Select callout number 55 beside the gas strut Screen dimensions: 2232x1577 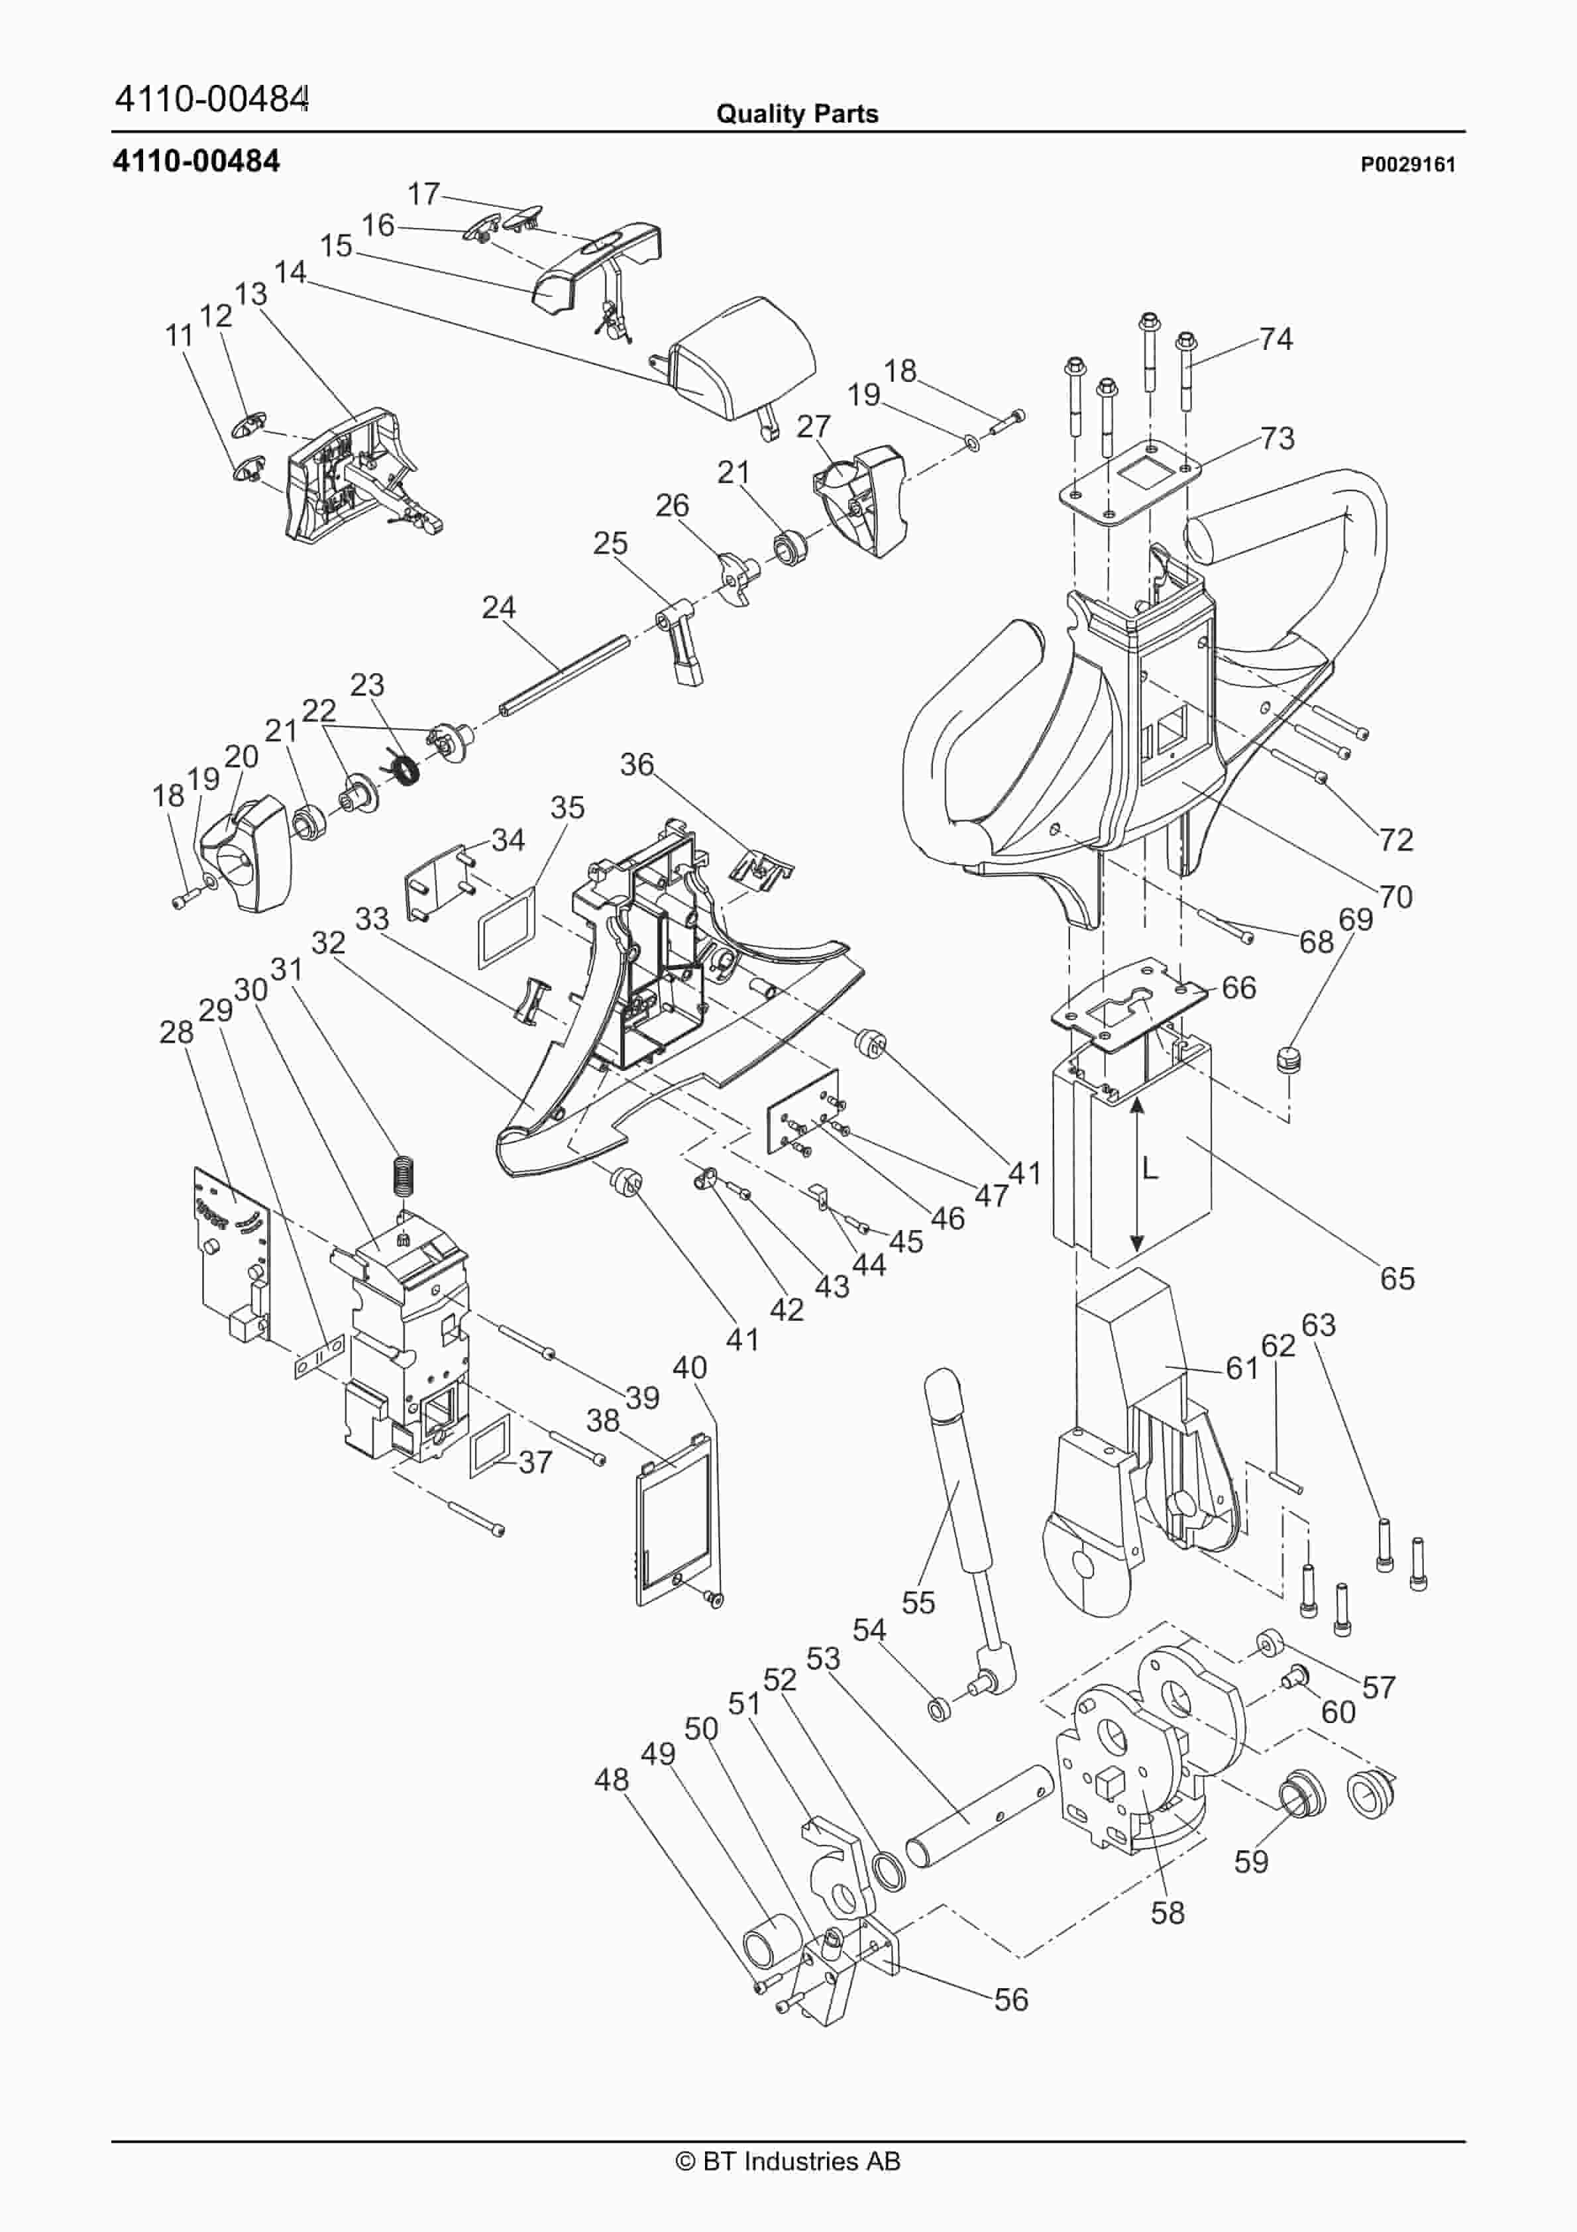point(918,1602)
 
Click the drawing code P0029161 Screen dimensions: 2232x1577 point(1407,164)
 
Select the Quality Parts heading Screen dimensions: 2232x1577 point(796,114)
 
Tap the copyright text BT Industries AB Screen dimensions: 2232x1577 point(788,2161)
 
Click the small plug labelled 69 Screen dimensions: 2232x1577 point(1287,1058)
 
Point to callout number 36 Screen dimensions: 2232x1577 point(637,764)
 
